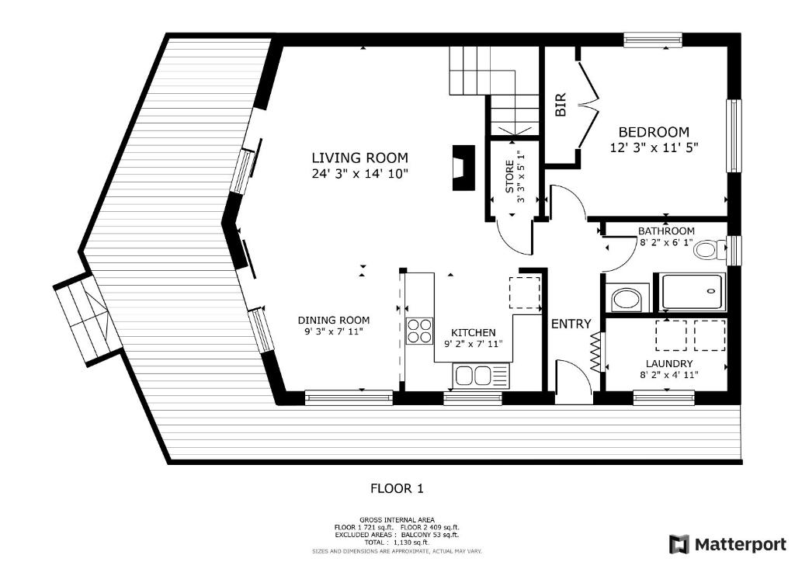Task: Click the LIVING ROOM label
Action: point(359,158)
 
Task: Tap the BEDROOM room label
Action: point(654,132)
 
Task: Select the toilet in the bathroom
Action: point(710,249)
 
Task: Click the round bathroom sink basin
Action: point(627,300)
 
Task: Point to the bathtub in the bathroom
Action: point(693,292)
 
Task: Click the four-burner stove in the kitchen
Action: point(420,331)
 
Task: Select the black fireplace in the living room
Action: point(464,168)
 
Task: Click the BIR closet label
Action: point(561,105)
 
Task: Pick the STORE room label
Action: point(509,176)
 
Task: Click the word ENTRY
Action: point(571,324)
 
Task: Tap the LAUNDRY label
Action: point(668,363)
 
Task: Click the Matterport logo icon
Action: point(679,544)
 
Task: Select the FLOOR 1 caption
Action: point(397,488)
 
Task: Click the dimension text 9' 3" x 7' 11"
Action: point(334,332)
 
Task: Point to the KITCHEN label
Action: point(473,333)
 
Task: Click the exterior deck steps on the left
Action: point(87,319)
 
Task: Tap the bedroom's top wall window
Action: point(652,40)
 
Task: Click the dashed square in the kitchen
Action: point(525,293)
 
